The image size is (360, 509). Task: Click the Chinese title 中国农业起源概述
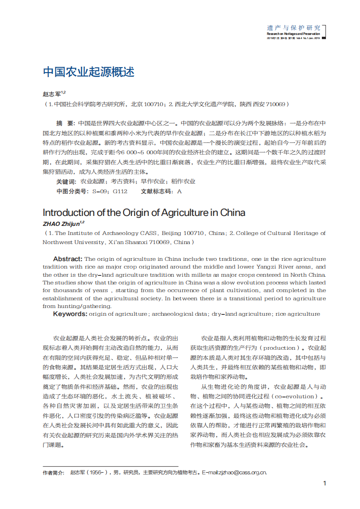coord(89,72)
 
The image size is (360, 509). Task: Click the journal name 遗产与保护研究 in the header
coord(293,28)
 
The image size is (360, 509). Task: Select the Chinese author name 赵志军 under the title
coord(52,94)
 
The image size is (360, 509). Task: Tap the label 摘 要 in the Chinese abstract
coord(65,123)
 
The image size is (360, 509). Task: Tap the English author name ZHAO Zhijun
coord(61,224)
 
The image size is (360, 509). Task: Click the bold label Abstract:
coord(68,259)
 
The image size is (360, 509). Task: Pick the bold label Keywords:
coord(70,314)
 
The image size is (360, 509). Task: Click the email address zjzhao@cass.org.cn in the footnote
coord(243,472)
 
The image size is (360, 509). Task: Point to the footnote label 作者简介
coord(53,472)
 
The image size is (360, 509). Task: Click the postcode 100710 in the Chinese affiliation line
coord(153,104)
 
